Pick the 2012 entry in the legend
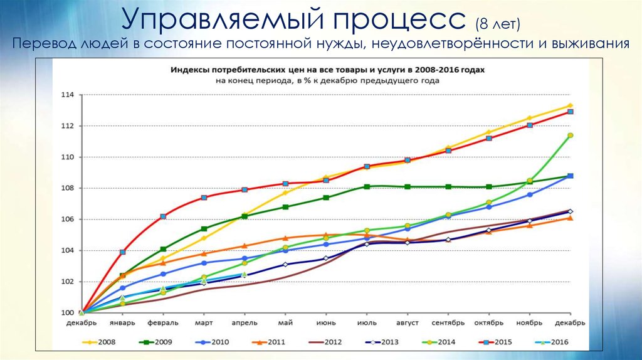point(327,342)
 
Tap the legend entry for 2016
point(549,342)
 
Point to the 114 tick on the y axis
point(67,95)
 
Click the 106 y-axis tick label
point(67,220)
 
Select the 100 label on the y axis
point(67,313)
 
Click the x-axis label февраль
point(163,323)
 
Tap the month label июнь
point(326,323)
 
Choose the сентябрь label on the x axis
point(448,323)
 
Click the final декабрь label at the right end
point(570,323)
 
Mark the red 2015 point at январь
point(123,252)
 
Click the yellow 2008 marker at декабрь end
point(570,105)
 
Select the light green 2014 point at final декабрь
point(570,135)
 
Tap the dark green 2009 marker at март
point(204,229)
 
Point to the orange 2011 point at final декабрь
point(570,218)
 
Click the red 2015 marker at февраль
point(163,216)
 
